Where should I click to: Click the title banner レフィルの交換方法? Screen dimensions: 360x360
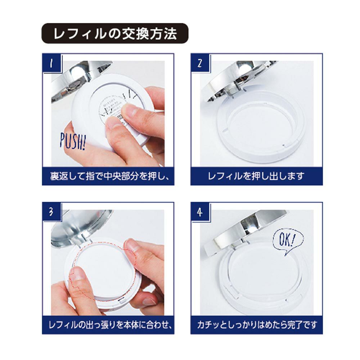(x=115, y=33)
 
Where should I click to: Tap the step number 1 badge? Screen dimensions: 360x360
(x=52, y=63)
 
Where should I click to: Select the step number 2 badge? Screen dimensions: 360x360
(x=200, y=63)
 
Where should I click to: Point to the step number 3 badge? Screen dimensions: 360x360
(x=52, y=212)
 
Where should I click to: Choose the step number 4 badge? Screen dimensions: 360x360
(x=200, y=212)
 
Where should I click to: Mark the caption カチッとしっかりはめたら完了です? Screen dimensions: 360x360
(x=257, y=325)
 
